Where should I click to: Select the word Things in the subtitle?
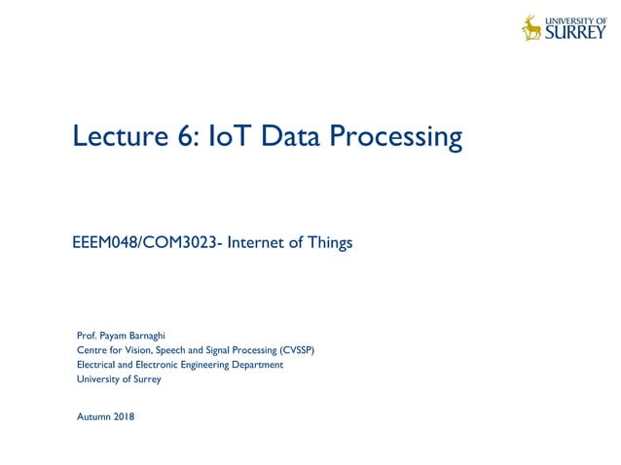point(330,243)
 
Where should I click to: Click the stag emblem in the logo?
point(531,28)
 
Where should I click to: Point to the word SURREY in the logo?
point(575,33)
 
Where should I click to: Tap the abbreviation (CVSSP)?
point(296,350)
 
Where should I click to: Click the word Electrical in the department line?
point(95,365)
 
